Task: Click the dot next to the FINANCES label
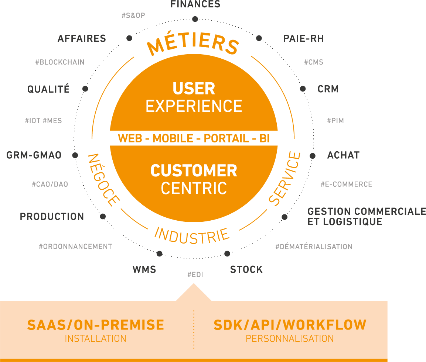click(195, 19)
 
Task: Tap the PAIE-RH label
click(303, 38)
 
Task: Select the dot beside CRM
click(303, 89)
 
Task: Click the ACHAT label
click(343, 155)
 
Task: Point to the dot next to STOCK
click(227, 254)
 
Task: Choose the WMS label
click(144, 269)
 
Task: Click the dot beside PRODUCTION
click(103, 216)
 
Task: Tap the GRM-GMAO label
click(34, 155)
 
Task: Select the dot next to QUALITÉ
click(85, 89)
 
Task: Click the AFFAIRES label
click(82, 38)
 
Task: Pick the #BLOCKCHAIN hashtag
click(60, 62)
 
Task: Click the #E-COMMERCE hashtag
click(347, 184)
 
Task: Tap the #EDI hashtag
click(195, 275)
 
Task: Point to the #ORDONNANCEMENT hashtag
click(75, 246)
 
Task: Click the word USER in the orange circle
click(194, 89)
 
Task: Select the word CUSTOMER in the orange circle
click(194, 171)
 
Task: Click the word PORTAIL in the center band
click(226, 138)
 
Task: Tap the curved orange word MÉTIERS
click(193, 44)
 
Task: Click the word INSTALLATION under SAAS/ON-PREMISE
click(96, 339)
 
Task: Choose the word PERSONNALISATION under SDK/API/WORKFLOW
click(290, 339)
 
